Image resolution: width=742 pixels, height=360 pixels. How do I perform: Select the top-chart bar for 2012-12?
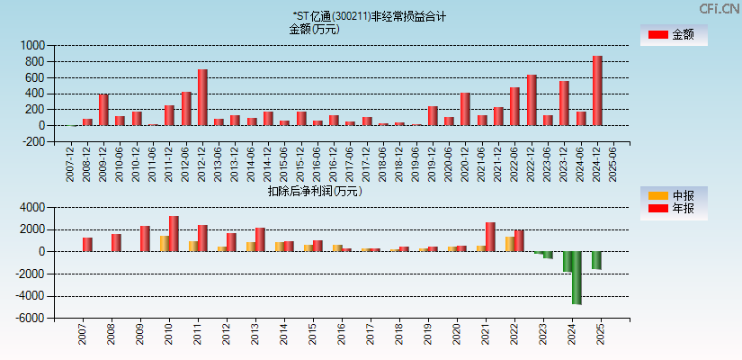click(x=202, y=97)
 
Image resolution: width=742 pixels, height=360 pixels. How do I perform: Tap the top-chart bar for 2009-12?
click(x=103, y=110)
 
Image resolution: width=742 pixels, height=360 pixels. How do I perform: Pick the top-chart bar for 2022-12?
click(x=532, y=100)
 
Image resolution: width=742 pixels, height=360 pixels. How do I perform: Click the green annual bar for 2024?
click(x=577, y=277)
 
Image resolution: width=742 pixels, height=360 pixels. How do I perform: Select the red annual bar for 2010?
click(x=174, y=234)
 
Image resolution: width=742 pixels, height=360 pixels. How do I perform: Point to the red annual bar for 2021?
click(x=490, y=237)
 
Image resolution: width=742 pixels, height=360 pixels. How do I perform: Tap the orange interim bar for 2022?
click(x=509, y=244)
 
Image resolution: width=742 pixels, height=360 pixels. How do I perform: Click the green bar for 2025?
click(x=596, y=260)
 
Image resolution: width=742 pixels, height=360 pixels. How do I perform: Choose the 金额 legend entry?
click(x=674, y=34)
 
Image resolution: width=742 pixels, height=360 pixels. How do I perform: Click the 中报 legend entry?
click(x=674, y=196)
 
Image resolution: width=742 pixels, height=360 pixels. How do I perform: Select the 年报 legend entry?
click(x=674, y=209)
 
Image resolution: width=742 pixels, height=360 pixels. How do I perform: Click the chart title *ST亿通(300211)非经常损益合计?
click(x=369, y=16)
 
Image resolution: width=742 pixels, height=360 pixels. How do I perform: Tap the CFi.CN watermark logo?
click(x=720, y=8)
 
